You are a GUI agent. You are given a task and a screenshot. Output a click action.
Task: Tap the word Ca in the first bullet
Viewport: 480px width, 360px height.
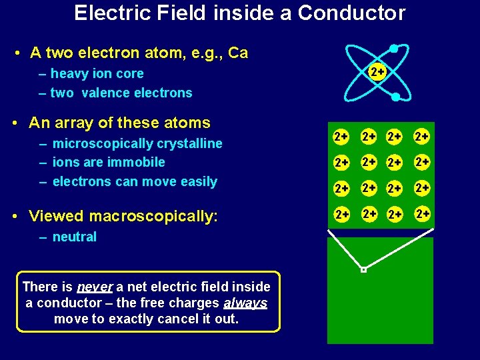point(238,53)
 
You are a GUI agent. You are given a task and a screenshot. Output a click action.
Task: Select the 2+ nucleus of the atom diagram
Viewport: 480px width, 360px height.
point(377,71)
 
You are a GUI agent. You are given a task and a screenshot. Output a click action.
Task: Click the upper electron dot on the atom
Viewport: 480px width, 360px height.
point(394,49)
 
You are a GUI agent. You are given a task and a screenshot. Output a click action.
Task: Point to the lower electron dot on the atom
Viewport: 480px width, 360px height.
point(395,97)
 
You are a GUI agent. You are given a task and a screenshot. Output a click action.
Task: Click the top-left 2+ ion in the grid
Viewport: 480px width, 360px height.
point(341,137)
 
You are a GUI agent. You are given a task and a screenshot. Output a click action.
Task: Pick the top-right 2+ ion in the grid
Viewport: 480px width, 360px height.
point(421,137)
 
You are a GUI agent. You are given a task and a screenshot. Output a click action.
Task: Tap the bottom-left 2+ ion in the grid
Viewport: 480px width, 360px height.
point(342,214)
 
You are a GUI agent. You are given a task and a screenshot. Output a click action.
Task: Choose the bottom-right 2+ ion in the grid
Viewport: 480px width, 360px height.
point(421,214)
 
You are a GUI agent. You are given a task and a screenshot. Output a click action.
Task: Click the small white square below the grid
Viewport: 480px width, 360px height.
point(363,270)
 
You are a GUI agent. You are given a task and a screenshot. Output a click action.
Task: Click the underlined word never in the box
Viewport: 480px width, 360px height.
point(95,287)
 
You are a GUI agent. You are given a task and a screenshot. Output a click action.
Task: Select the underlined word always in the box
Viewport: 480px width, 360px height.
point(245,303)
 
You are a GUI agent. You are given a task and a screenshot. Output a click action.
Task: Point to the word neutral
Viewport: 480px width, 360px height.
point(74,237)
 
